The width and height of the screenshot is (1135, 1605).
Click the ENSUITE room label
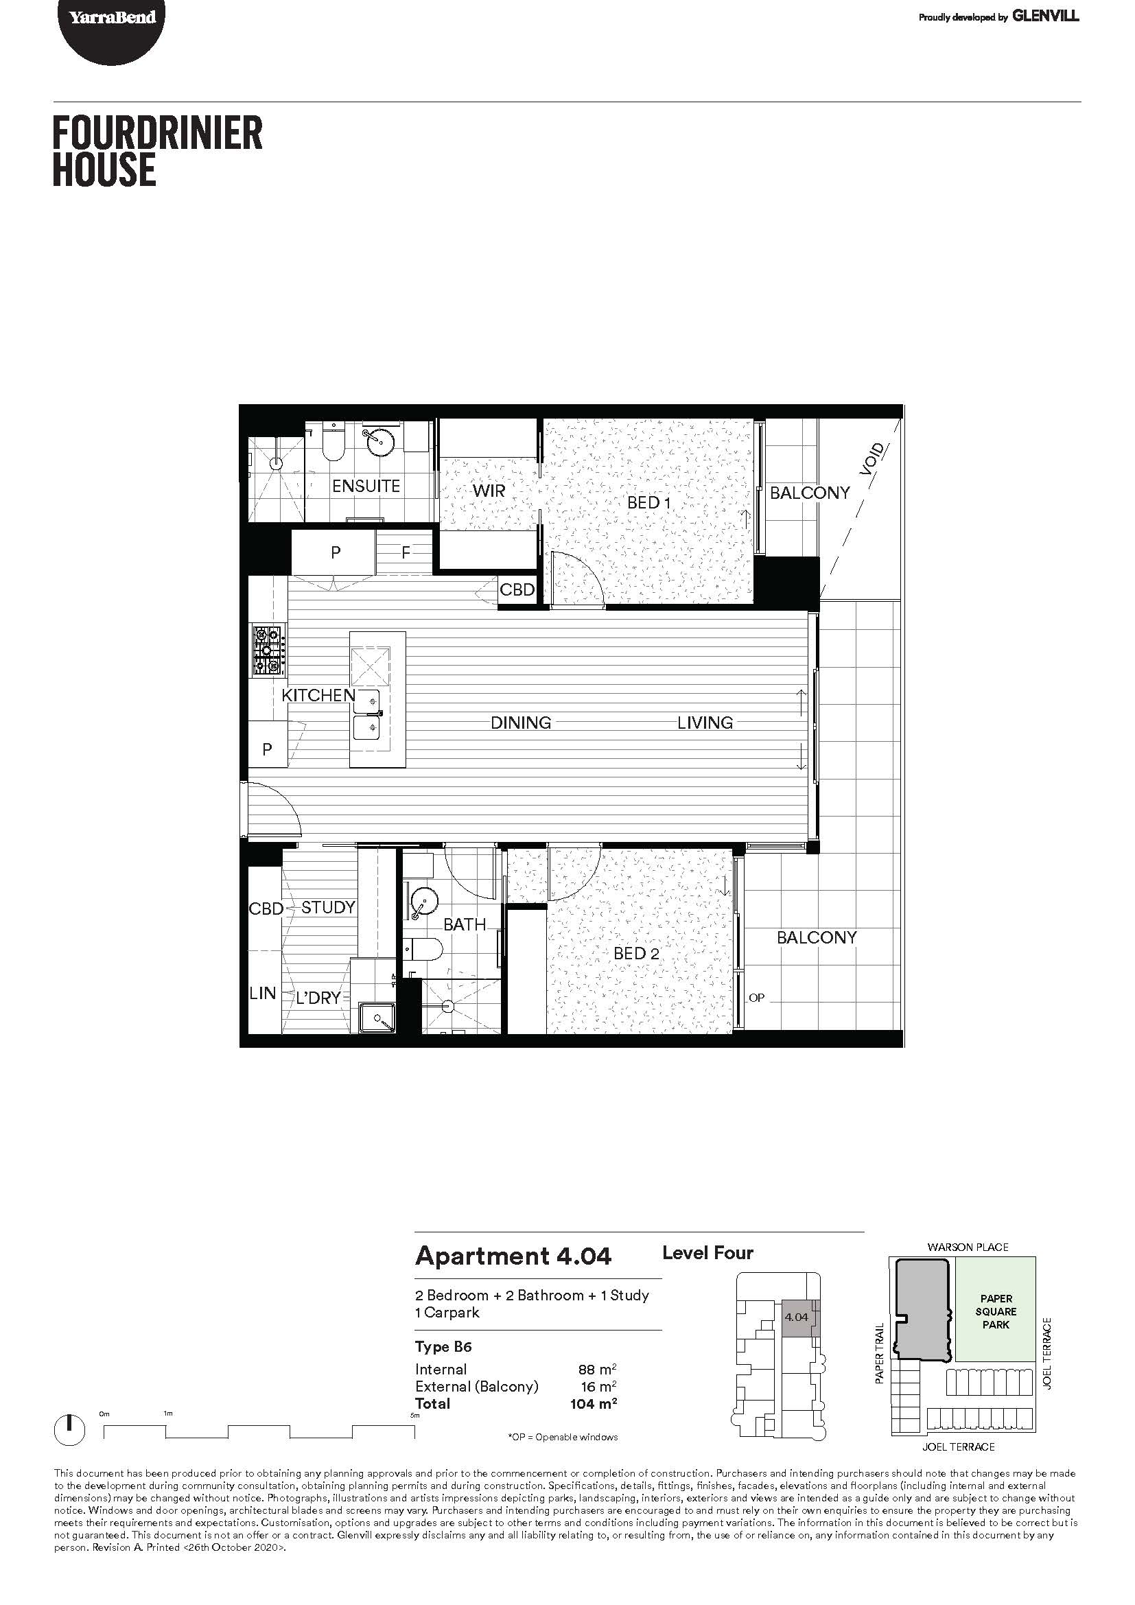(366, 486)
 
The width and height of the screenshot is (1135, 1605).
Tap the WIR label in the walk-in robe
(489, 491)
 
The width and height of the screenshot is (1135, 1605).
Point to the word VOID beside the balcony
(874, 459)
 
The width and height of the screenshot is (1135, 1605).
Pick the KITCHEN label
(318, 695)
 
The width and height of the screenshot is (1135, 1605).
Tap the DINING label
(521, 723)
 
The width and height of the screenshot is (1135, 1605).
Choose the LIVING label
(705, 723)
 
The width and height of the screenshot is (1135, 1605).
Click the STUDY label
(329, 907)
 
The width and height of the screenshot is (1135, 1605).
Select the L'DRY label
(318, 998)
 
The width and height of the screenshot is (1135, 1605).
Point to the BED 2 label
(636, 954)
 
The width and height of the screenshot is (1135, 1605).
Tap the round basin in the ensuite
(379, 441)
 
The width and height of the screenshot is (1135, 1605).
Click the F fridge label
(406, 552)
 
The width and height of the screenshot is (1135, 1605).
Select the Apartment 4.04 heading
(514, 1256)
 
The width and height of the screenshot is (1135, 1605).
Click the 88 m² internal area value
(598, 1369)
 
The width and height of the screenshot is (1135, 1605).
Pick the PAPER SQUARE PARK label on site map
(996, 1311)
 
